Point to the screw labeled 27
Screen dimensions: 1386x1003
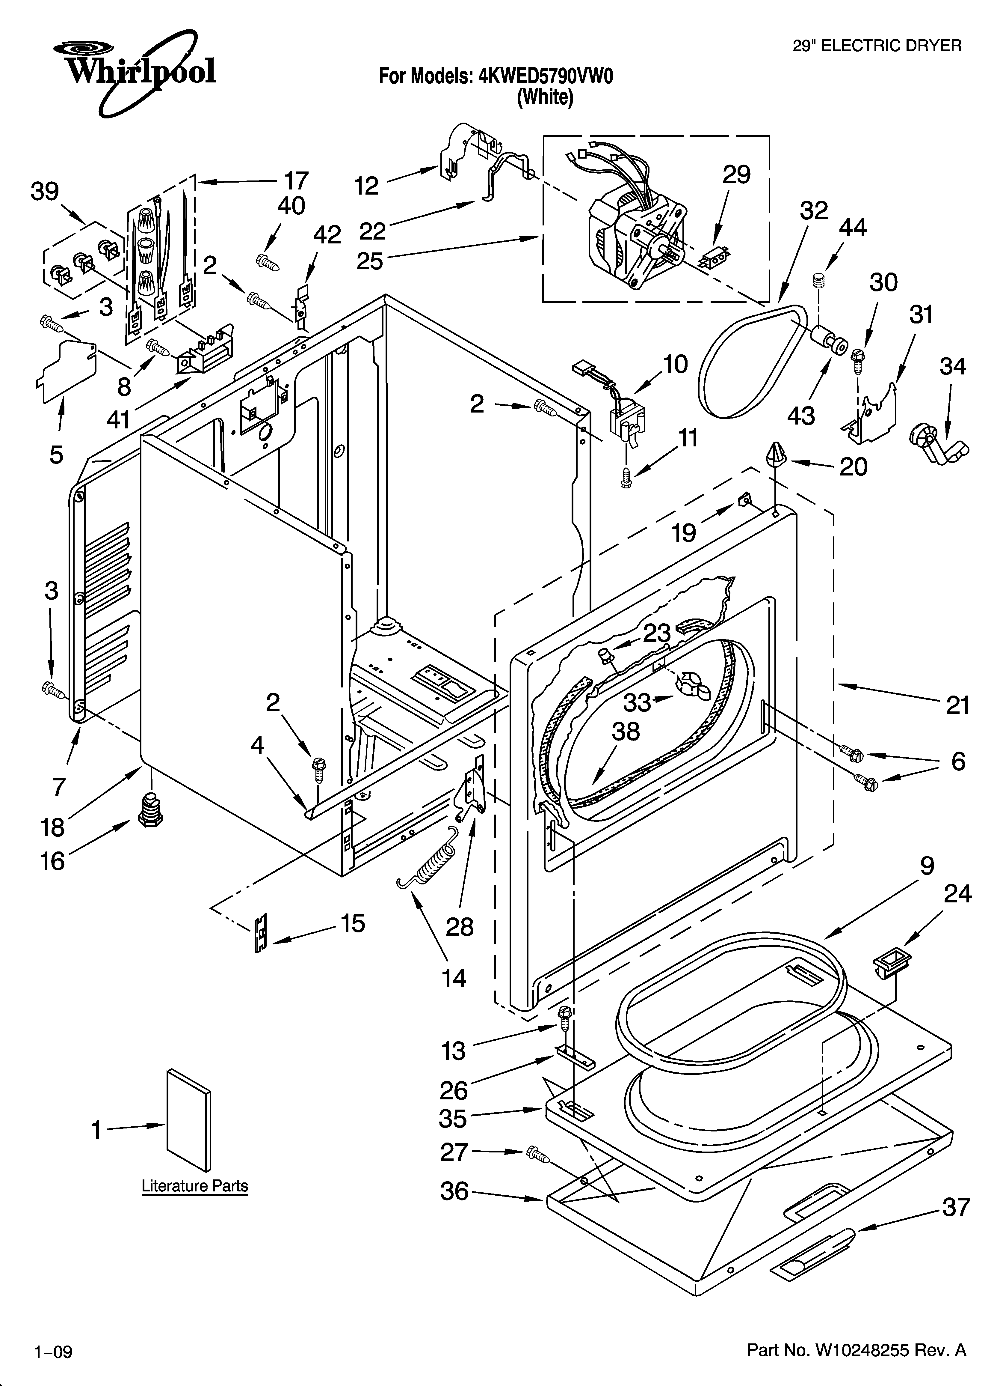[537, 1154]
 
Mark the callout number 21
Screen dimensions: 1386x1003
[958, 706]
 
